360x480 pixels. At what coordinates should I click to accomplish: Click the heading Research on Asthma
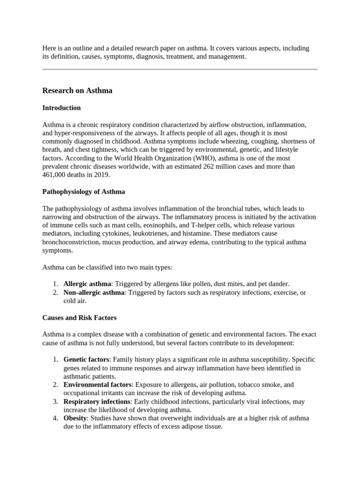(77, 90)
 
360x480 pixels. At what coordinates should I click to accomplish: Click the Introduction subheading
(61, 108)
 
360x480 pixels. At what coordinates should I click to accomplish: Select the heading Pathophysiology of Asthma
(83, 192)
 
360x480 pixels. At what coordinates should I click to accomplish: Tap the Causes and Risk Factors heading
(79, 317)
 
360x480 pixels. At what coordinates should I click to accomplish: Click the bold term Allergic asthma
(88, 284)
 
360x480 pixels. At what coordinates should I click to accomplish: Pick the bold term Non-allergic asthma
(94, 292)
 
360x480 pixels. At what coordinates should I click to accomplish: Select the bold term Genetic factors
(86, 359)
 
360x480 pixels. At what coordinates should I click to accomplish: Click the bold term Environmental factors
(98, 384)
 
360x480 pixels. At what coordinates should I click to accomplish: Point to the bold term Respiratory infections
(97, 401)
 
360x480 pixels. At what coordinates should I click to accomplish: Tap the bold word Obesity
(75, 418)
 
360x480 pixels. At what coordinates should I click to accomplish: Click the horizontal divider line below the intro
(180, 69)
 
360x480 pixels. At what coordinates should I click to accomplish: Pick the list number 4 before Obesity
(55, 418)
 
